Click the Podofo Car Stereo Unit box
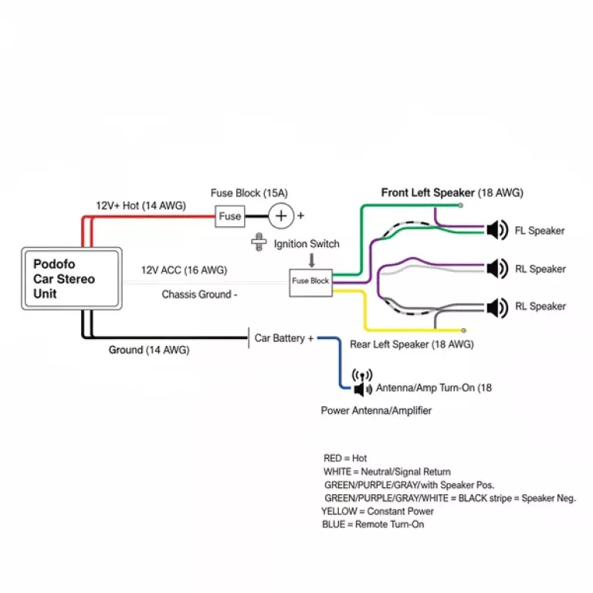click(x=71, y=279)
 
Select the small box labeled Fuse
click(x=229, y=216)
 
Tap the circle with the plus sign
click(x=282, y=216)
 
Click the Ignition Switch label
click(x=307, y=244)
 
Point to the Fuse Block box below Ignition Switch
click(x=310, y=281)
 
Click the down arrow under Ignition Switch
click(x=310, y=260)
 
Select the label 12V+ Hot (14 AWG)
click(x=140, y=205)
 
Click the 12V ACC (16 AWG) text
click(x=184, y=270)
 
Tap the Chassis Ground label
click(x=199, y=294)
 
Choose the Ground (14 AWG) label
click(x=148, y=350)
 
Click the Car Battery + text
click(x=284, y=338)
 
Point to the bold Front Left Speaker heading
click(x=428, y=192)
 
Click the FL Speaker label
click(x=540, y=231)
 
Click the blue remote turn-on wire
click(x=341, y=363)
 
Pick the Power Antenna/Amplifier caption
click(x=376, y=411)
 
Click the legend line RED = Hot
click(x=345, y=459)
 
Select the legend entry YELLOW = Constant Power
click(x=378, y=511)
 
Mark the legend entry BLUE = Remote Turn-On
click(x=372, y=524)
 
